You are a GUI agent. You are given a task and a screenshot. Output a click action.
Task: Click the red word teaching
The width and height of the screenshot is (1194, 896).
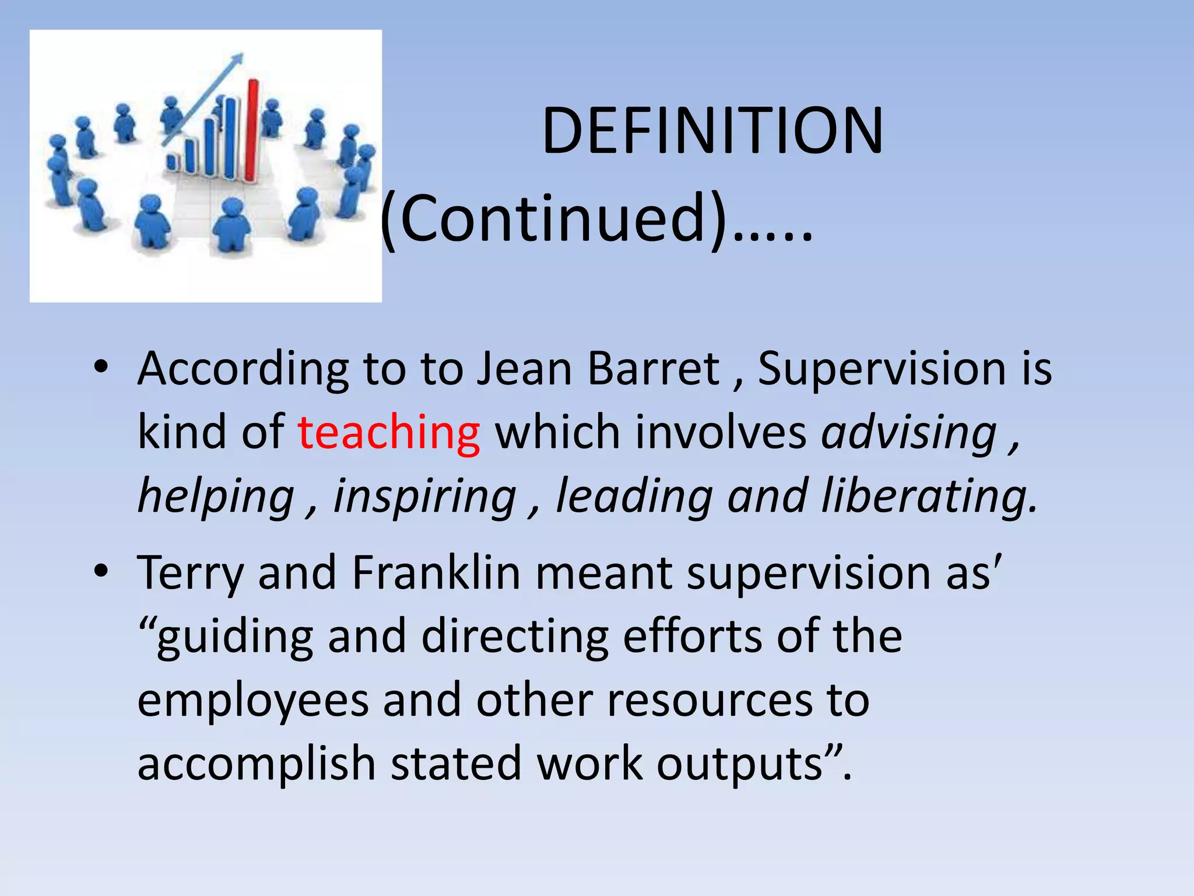tap(389, 432)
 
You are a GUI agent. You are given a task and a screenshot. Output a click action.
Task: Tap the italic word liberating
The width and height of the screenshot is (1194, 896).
tap(929, 496)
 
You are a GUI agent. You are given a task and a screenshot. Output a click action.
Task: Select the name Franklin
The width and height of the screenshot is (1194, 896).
tap(436, 572)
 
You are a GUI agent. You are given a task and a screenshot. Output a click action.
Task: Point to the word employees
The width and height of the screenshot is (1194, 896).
tap(253, 701)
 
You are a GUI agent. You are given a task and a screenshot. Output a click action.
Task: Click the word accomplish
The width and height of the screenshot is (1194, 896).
tap(257, 765)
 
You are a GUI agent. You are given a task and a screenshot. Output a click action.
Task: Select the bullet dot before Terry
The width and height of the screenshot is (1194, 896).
tap(101, 572)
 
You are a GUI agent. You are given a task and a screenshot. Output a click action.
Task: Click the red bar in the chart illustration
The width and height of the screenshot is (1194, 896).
tap(252, 131)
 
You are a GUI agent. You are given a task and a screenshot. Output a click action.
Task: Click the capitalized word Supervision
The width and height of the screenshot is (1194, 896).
tap(882, 369)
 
